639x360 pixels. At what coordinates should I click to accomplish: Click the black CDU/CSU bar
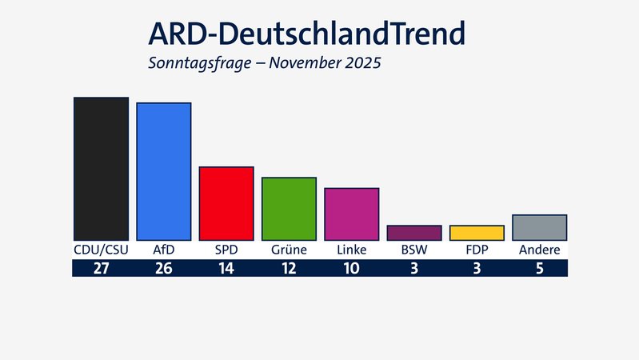(x=101, y=169)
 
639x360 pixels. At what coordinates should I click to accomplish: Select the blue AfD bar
(x=163, y=171)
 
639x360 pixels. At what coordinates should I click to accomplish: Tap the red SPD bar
(x=226, y=203)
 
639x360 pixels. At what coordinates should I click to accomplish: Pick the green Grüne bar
(x=289, y=209)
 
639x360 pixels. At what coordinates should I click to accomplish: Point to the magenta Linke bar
(x=351, y=214)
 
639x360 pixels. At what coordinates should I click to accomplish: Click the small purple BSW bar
(x=413, y=233)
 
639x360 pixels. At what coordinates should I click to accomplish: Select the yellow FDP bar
(x=477, y=233)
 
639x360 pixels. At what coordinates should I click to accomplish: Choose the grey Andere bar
(x=539, y=227)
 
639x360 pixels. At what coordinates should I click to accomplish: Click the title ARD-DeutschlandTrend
(x=306, y=34)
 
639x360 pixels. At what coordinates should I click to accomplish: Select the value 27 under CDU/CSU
(x=101, y=269)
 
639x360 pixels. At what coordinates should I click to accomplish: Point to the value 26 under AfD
(x=163, y=269)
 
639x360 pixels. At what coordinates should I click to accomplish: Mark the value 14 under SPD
(x=226, y=269)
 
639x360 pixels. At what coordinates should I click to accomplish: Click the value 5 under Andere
(x=540, y=269)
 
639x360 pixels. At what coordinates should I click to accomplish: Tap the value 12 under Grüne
(x=289, y=269)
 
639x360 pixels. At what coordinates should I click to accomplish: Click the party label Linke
(x=351, y=250)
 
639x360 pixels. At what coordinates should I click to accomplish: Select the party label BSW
(x=413, y=250)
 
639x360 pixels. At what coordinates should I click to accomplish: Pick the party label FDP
(x=477, y=250)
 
